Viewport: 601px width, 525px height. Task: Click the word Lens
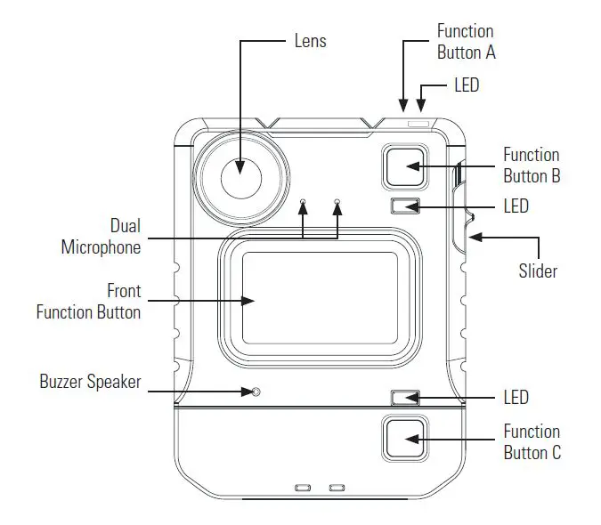click(x=310, y=41)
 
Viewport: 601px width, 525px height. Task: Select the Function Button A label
click(x=466, y=42)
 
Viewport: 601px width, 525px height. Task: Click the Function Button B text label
click(x=531, y=166)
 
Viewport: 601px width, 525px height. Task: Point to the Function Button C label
click(x=532, y=442)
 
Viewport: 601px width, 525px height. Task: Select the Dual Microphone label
click(x=101, y=237)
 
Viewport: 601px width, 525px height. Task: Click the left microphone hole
click(x=304, y=202)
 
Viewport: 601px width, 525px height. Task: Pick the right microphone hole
click(x=337, y=202)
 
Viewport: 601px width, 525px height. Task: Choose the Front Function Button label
click(x=88, y=302)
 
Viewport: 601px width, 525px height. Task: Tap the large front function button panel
click(x=320, y=298)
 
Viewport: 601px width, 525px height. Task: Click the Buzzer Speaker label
click(x=90, y=383)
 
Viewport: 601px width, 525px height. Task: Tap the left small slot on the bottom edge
click(x=303, y=488)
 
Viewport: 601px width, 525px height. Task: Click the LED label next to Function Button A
click(x=467, y=85)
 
